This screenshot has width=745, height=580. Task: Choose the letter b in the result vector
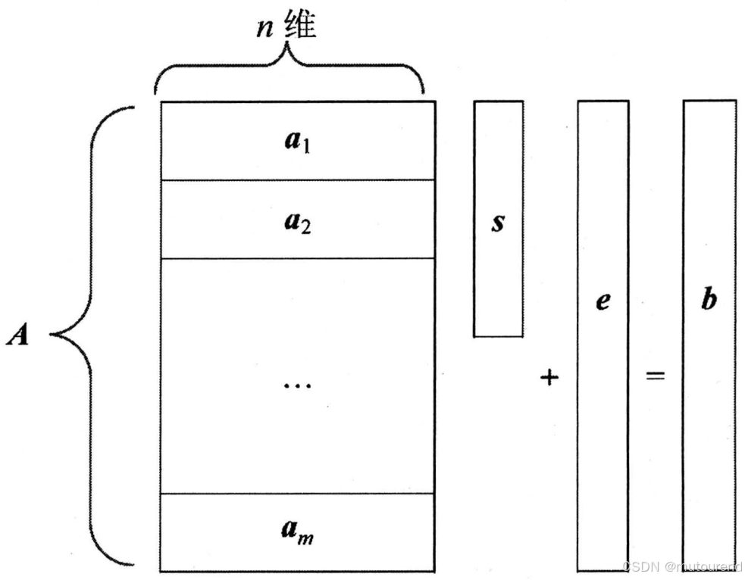tap(709, 300)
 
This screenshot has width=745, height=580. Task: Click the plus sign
tap(549, 376)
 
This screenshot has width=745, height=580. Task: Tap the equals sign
tap(655, 375)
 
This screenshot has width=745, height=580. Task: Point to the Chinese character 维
tap(301, 26)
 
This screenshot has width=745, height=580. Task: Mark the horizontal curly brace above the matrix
tap(289, 72)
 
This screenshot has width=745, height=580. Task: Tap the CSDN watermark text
tap(681, 565)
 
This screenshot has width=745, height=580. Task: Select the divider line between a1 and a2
tap(298, 180)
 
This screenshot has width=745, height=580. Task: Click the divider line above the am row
tap(298, 494)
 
